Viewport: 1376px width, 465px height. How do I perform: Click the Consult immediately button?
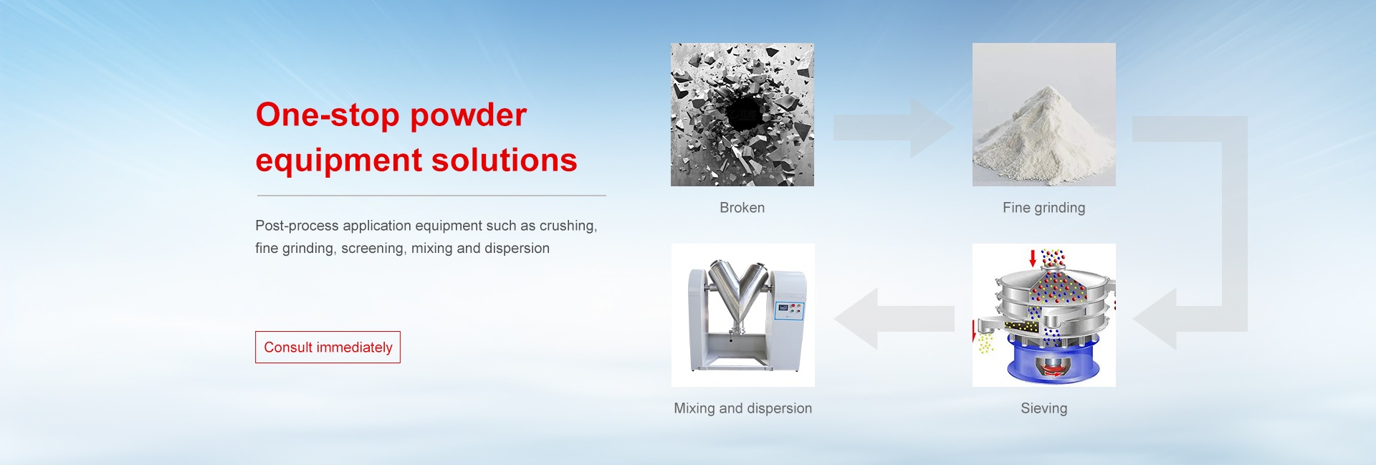pyautogui.click(x=328, y=347)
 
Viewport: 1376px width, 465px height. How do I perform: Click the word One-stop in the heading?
pyautogui.click(x=328, y=115)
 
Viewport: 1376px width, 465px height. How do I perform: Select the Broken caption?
pyautogui.click(x=742, y=208)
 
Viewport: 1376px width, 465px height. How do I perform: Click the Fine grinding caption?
pyautogui.click(x=1044, y=208)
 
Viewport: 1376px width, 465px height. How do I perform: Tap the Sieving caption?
pyautogui.click(x=1044, y=408)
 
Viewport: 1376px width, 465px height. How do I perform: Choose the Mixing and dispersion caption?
pyautogui.click(x=743, y=408)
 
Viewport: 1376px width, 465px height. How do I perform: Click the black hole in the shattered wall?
pyautogui.click(x=744, y=113)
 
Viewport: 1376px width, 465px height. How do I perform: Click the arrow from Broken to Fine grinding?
pyautogui.click(x=893, y=128)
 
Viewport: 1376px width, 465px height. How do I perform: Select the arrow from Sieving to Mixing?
pyautogui.click(x=894, y=318)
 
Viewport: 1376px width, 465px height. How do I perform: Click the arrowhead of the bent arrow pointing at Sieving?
pyautogui.click(x=1155, y=318)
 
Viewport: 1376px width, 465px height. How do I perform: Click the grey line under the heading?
pyautogui.click(x=431, y=195)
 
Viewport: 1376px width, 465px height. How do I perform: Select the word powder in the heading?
pyautogui.click(x=469, y=116)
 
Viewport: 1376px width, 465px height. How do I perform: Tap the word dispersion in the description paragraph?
pyautogui.click(x=517, y=249)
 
